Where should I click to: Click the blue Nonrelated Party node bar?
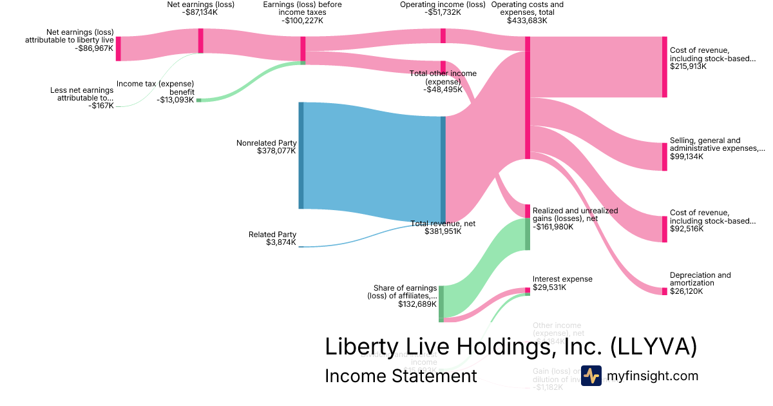[301, 155]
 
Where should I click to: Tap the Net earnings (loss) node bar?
[201, 41]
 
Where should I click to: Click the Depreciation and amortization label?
[700, 279]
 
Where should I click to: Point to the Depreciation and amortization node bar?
[665, 291]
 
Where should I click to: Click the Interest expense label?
[562, 279]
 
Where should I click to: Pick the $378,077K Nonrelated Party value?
[276, 151]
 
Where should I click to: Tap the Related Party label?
[272, 235]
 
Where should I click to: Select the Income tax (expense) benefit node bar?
[198, 100]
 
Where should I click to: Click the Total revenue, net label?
[443, 224]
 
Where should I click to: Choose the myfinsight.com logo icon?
[591, 376]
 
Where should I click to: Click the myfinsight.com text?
[652, 376]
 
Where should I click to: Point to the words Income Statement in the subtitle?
[401, 376]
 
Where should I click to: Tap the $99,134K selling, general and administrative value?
[687, 157]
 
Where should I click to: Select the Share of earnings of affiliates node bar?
[441, 303]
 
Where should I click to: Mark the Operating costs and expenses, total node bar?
[528, 97]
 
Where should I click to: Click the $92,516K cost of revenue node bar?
[665, 229]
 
